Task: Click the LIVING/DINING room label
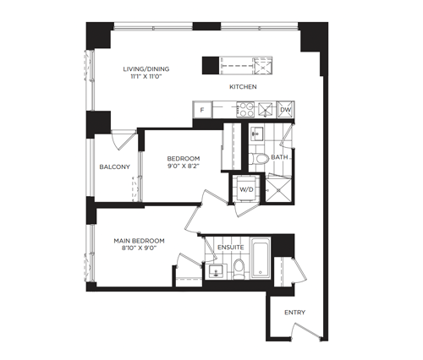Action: point(146,68)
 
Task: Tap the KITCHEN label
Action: point(243,87)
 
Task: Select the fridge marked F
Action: point(202,110)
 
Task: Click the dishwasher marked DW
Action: point(285,110)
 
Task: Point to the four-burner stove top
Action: point(245,109)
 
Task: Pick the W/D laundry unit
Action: point(246,189)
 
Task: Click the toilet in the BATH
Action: point(258,159)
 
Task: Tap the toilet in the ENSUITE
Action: point(239,270)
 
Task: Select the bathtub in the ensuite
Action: point(261,259)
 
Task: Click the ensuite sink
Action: point(216,271)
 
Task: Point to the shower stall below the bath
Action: point(278,190)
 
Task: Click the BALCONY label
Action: point(115,166)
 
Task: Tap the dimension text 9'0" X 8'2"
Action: point(184,166)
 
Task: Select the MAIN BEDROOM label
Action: point(139,241)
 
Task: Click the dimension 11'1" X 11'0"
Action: point(146,76)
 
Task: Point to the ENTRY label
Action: point(294,313)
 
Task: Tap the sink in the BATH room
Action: point(256,133)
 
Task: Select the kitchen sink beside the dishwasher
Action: point(266,110)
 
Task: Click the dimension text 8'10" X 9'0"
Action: point(139,248)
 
